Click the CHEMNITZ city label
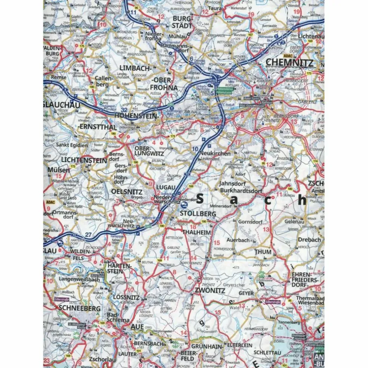coord(289,62)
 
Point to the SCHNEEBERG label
coord(80,309)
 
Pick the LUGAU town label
coord(165,185)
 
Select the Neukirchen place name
coord(215,153)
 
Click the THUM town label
coord(263,252)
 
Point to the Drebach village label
coord(309,240)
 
